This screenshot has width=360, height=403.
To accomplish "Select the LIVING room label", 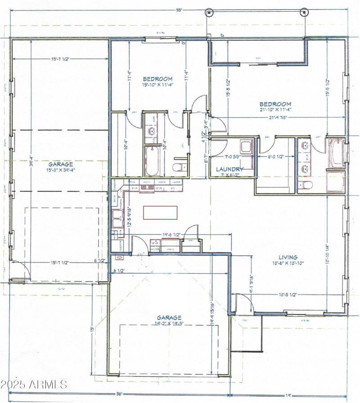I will click(x=288, y=258).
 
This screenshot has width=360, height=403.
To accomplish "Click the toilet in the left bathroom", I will click(x=179, y=168).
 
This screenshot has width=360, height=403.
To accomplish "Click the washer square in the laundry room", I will click(x=246, y=146).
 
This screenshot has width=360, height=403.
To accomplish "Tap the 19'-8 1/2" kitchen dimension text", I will click(x=171, y=234).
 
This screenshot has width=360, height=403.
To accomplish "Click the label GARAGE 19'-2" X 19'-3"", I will click(x=169, y=320).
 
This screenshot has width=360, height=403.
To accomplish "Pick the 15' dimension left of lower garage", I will click(x=91, y=330).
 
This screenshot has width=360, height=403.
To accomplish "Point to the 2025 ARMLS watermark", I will click(x=34, y=385).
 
